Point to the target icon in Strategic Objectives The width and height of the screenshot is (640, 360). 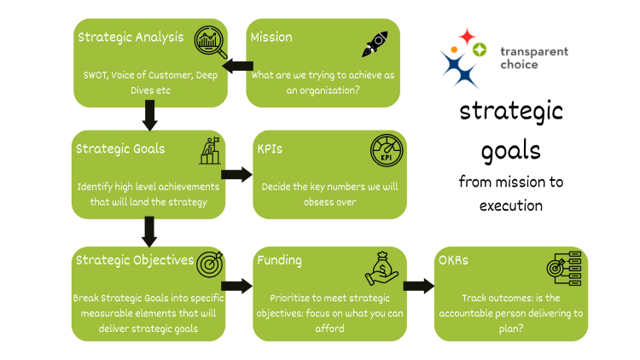(209, 265)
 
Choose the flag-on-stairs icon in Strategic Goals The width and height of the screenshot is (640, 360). (210, 151)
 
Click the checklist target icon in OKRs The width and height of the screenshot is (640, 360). (563, 267)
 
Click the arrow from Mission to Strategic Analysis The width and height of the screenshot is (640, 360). (238, 67)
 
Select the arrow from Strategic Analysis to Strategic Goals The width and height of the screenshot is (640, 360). (150, 113)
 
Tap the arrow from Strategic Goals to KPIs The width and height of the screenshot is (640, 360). (238, 174)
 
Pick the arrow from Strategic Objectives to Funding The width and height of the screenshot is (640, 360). (238, 287)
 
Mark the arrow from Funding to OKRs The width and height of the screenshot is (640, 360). (418, 287)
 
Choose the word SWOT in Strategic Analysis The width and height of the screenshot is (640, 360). (96, 75)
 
